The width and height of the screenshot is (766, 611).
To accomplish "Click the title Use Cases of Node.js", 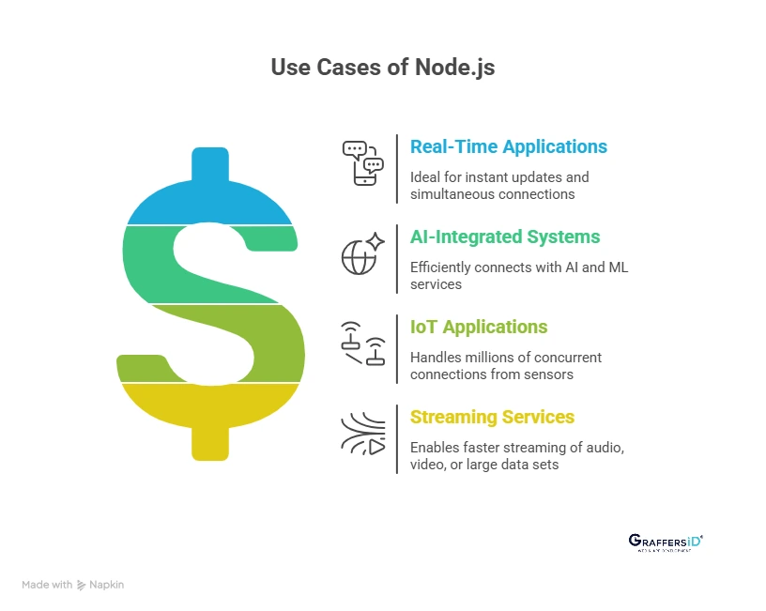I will click(382, 68).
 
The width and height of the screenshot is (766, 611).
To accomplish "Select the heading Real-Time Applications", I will click(508, 147).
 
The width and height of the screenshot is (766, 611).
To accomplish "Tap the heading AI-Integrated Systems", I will click(504, 237).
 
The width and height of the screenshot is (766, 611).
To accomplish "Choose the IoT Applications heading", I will click(478, 328).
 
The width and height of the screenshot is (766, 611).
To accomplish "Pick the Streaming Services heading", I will click(492, 417).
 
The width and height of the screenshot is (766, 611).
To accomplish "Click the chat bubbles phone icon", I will click(362, 162).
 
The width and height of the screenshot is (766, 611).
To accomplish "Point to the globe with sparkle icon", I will click(362, 252).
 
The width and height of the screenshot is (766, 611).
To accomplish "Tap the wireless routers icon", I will click(362, 343).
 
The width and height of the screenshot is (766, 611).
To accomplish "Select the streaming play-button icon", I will click(362, 433).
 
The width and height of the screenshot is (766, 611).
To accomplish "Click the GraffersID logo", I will click(665, 542).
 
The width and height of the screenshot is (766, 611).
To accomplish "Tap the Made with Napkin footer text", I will click(72, 585).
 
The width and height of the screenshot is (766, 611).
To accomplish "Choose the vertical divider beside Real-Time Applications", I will click(397, 169).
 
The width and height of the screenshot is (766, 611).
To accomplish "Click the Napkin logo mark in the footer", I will click(82, 585).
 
